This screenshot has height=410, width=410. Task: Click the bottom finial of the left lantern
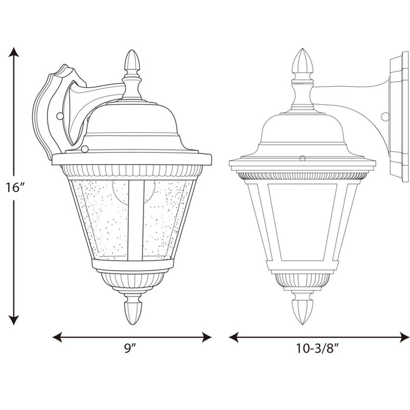tap(132, 310)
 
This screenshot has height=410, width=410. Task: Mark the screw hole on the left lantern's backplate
tap(59, 117)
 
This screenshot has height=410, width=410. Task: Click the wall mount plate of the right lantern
tap(397, 117)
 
